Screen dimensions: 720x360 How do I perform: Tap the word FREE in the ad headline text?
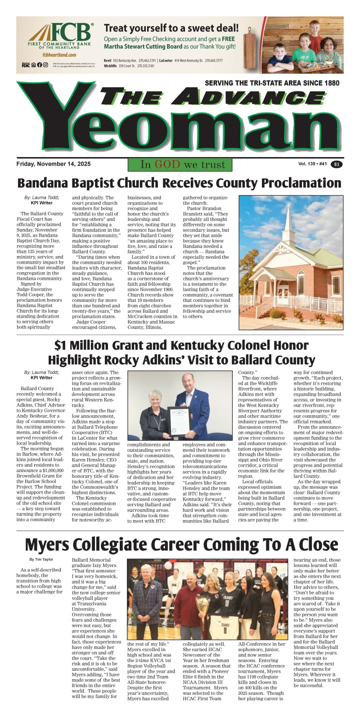pos(228,39)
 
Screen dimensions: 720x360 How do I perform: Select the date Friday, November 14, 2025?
pos(53,164)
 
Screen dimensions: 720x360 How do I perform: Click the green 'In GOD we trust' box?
pos(180,165)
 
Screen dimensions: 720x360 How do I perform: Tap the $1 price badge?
pos(337,165)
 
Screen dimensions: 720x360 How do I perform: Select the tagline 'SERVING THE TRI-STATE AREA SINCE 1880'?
pos(272,83)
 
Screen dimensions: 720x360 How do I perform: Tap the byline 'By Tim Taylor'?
pos(41,559)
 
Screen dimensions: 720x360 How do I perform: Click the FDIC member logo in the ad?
pos(26,65)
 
